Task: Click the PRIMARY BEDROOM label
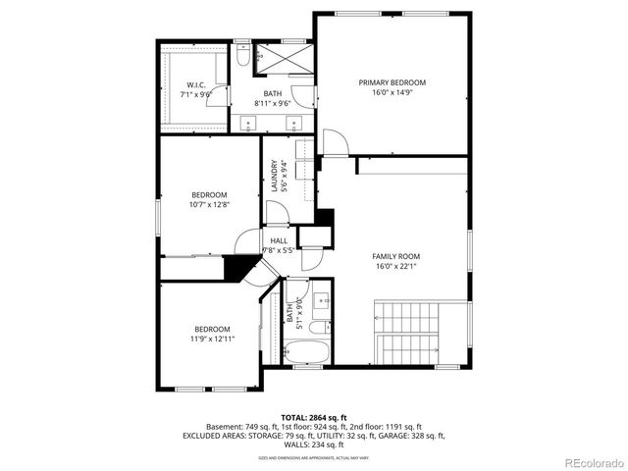tap(392, 83)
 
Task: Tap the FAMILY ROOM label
tap(396, 256)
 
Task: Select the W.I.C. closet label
tap(195, 85)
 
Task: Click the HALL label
tap(279, 239)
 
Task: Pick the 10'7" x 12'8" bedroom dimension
tap(209, 205)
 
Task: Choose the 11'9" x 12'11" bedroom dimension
tap(212, 340)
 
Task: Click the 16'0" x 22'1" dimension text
tap(396, 266)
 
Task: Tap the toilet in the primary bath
tap(242, 59)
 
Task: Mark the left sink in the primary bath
tap(247, 123)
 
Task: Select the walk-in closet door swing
tap(221, 98)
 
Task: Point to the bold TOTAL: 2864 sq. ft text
tap(313, 417)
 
